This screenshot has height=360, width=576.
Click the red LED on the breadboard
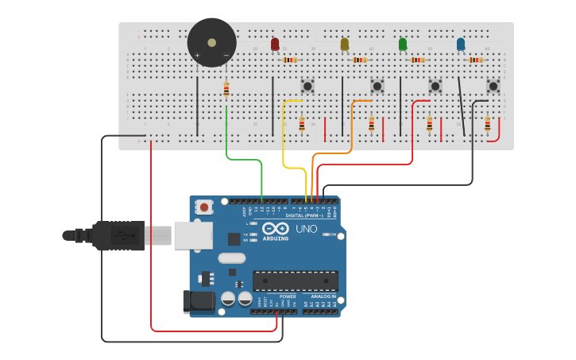pyautogui.click(x=275, y=45)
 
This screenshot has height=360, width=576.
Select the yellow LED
pyautogui.click(x=344, y=45)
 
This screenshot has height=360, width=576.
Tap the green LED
pyautogui.click(x=403, y=45)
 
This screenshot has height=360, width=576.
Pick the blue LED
pyautogui.click(x=461, y=45)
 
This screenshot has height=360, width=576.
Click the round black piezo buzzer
pyautogui.click(x=211, y=43)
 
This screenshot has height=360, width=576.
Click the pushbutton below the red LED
pyautogui.click(x=307, y=86)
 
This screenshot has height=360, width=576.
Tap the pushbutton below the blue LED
pyautogui.click(x=493, y=86)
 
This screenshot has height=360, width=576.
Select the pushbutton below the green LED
pyautogui.click(x=435, y=86)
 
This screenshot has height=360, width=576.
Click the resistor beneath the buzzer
pyautogui.click(x=226, y=89)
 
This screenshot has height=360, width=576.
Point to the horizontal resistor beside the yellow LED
pyautogui.click(x=360, y=60)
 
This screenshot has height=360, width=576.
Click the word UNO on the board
pyautogui.click(x=307, y=230)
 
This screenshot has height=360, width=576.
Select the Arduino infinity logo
pyautogui.click(x=276, y=228)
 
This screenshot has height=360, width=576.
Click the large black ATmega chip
pyautogui.click(x=295, y=281)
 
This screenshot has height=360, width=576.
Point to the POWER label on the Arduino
pyautogui.click(x=288, y=296)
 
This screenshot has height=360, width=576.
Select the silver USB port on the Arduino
pyautogui.click(x=193, y=235)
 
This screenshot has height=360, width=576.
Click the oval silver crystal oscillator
pyautogui.click(x=231, y=257)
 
